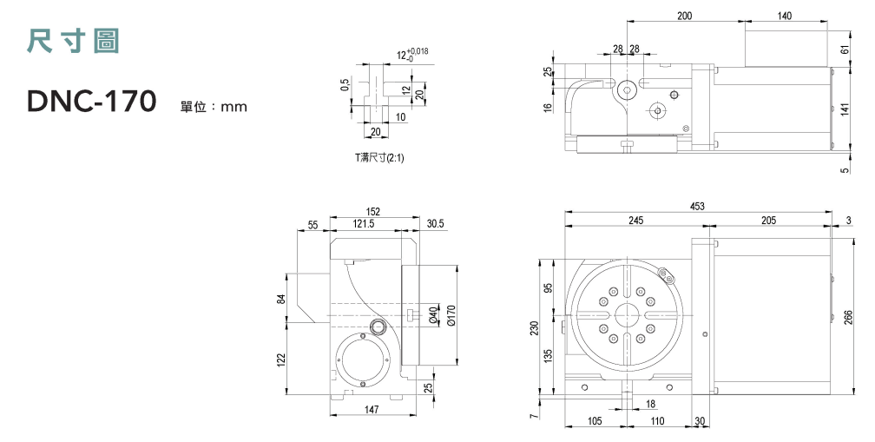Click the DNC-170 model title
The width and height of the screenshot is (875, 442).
click(x=91, y=102)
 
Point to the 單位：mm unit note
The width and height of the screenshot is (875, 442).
click(x=214, y=108)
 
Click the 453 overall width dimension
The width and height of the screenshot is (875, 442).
click(x=696, y=206)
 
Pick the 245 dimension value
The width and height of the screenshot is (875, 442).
click(x=636, y=221)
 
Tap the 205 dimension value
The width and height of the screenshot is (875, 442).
click(x=768, y=221)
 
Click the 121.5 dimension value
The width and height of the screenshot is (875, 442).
click(x=364, y=224)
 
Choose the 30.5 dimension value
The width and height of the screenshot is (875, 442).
click(x=436, y=224)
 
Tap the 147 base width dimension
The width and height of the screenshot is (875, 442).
click(x=372, y=408)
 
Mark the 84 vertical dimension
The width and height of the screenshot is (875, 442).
click(x=281, y=300)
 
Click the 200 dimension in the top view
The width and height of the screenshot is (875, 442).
click(x=685, y=16)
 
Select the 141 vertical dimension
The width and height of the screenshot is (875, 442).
click(x=845, y=109)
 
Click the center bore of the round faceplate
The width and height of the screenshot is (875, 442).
click(x=626, y=313)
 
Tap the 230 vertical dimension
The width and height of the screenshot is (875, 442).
click(x=536, y=327)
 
